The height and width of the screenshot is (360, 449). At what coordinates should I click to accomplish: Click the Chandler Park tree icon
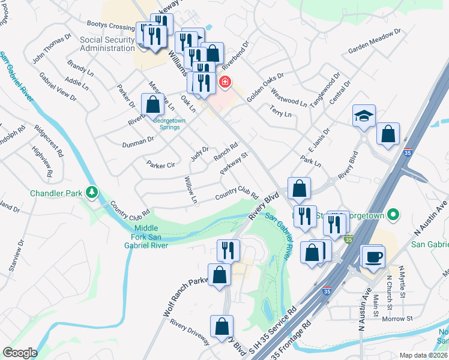click(92, 193)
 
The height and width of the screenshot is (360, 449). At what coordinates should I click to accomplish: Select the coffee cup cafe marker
click(372, 256)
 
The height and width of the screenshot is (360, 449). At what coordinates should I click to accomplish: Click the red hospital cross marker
click(225, 82)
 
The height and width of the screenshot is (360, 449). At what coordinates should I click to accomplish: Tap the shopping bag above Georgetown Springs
click(154, 104)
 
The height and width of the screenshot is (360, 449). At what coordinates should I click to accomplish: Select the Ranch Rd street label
click(226, 152)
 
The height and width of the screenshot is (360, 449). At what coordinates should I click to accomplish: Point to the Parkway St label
click(234, 163)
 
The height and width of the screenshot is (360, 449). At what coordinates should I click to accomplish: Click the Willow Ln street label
click(191, 189)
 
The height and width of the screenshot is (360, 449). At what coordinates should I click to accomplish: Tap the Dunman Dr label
click(139, 142)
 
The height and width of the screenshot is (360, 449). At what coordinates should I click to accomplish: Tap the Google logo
click(20, 353)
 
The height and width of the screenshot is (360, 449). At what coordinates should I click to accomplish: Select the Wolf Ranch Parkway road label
click(185, 296)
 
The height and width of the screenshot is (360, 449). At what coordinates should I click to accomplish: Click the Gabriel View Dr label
click(58, 86)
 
